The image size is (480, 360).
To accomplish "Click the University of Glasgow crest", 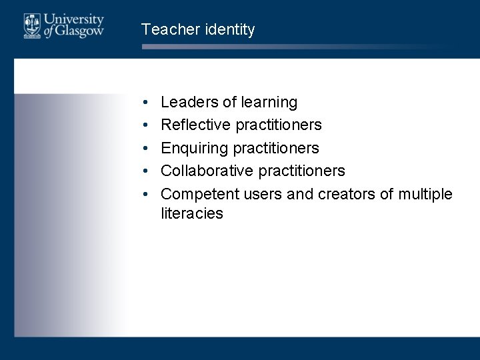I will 31,25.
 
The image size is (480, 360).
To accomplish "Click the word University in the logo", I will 74,19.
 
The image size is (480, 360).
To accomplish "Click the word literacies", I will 192,214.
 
